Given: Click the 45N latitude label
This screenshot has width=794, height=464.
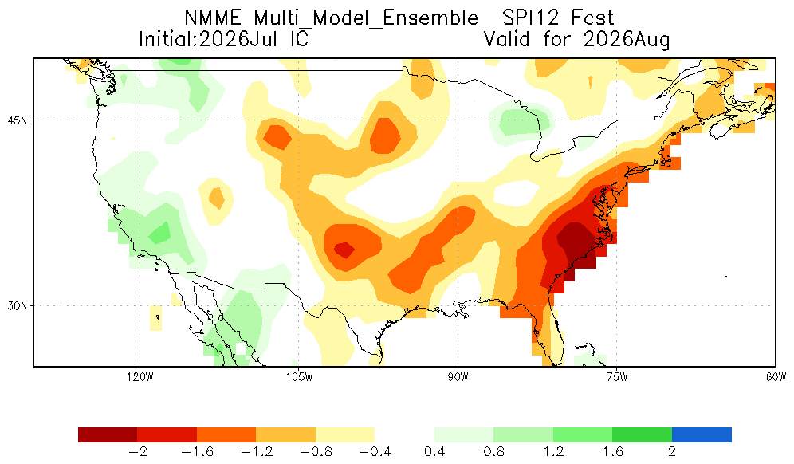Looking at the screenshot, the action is click(x=18, y=120).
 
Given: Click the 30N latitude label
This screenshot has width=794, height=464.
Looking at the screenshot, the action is click(x=18, y=306).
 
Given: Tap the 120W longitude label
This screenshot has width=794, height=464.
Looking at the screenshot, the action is click(x=140, y=377).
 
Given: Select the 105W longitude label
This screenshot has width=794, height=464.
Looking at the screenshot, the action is click(x=299, y=377).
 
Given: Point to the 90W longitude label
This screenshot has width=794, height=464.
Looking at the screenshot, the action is click(x=458, y=377).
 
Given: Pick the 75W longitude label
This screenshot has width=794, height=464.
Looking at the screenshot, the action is click(x=617, y=377).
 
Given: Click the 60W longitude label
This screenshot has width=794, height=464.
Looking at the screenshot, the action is click(x=776, y=377).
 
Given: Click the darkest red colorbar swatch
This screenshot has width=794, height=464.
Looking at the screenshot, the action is click(x=108, y=435).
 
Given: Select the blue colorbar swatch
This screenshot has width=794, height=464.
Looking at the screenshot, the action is click(x=702, y=435).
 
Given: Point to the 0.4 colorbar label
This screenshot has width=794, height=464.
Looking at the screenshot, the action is click(x=434, y=451).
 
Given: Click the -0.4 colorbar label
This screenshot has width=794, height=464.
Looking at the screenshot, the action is click(x=375, y=451).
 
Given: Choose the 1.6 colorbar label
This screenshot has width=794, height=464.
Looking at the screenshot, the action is click(x=612, y=451).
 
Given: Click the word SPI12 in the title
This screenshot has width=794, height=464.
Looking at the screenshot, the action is click(x=531, y=18).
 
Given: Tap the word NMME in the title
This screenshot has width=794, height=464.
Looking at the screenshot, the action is click(x=213, y=18).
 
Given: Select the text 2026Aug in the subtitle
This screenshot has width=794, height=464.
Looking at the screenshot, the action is click(x=627, y=40).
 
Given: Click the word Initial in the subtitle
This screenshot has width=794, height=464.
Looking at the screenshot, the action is click(x=167, y=39).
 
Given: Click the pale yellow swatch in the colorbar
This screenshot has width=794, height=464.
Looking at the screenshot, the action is click(x=345, y=435).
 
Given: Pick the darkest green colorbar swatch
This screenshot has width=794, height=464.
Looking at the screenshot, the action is click(x=642, y=435).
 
